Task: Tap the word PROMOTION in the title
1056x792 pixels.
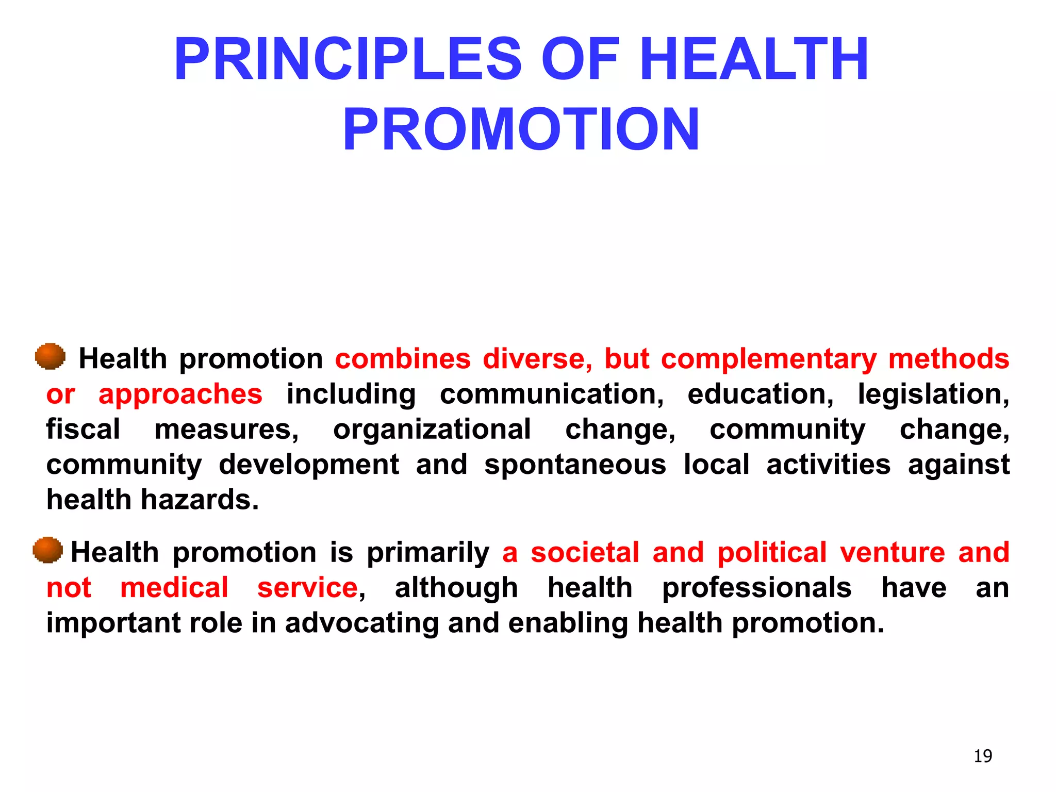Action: tap(521, 129)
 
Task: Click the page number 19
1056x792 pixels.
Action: tap(983, 756)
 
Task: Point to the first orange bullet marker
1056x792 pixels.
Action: tap(50, 356)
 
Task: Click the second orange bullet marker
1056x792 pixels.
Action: tap(47, 550)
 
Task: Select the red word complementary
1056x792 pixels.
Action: tap(768, 359)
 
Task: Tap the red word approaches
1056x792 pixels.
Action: tap(180, 394)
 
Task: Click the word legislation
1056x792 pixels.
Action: tap(933, 394)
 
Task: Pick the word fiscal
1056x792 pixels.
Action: tap(83, 430)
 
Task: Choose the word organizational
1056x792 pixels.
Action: tap(432, 430)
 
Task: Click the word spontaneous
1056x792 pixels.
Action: tap(575, 465)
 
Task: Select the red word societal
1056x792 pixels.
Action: tap(585, 553)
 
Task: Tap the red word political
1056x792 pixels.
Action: tap(772, 553)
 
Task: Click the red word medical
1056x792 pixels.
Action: tap(174, 588)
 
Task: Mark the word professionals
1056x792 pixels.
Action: tap(756, 588)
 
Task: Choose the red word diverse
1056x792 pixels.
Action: tap(537, 359)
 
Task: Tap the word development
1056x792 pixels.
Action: tap(308, 465)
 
